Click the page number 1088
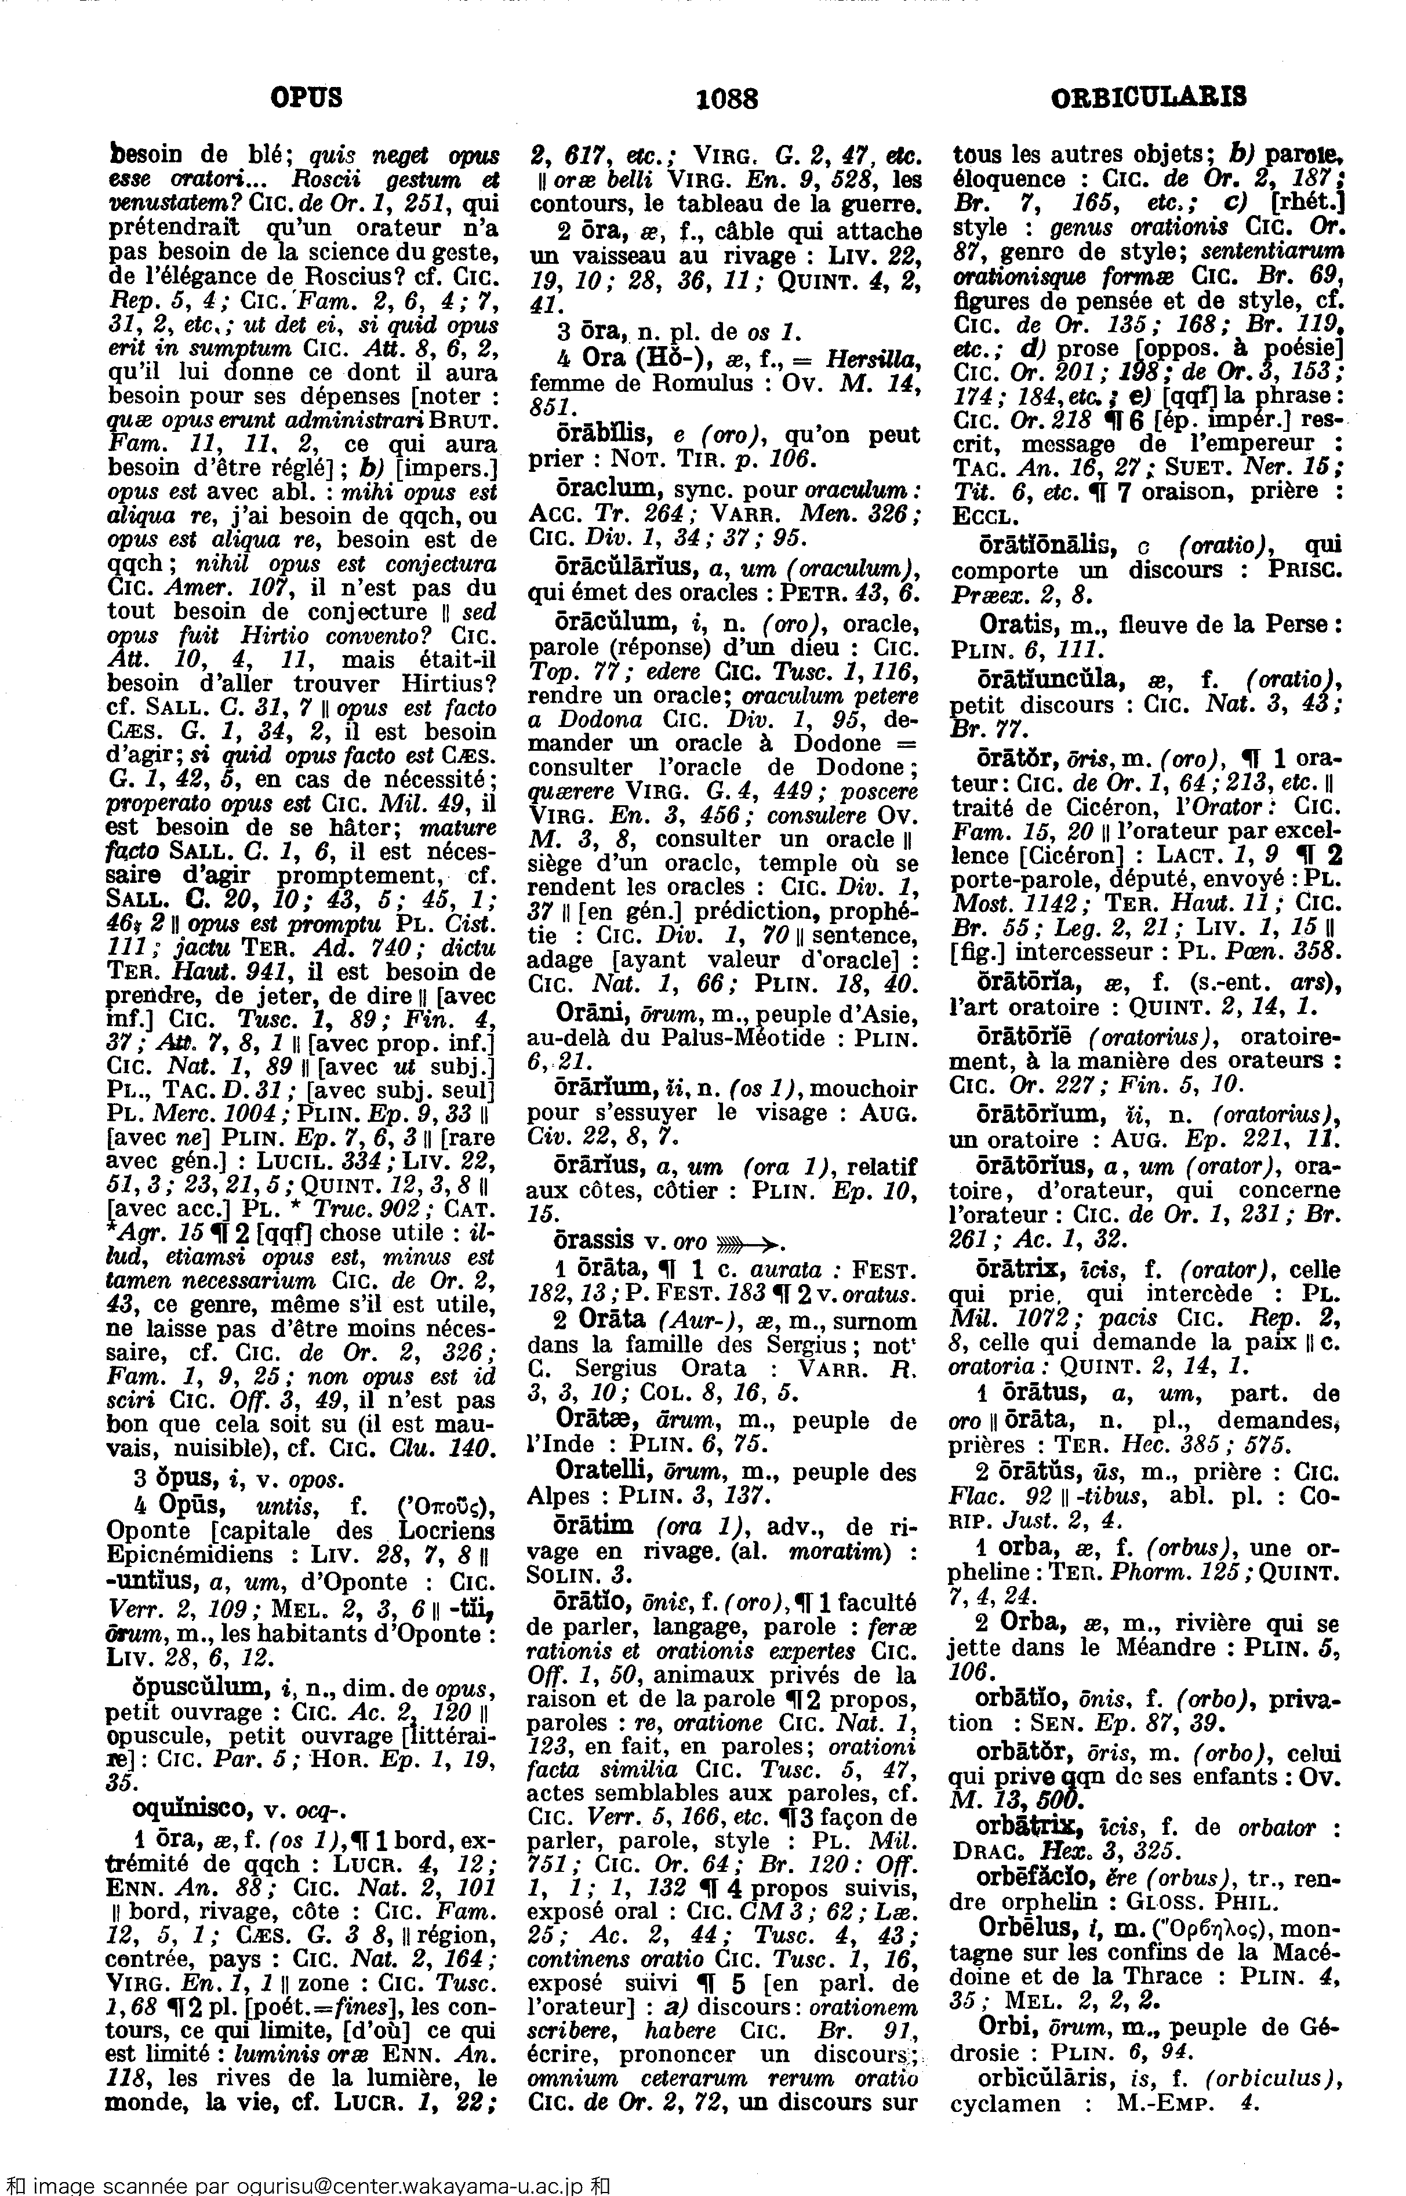tap(726, 97)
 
